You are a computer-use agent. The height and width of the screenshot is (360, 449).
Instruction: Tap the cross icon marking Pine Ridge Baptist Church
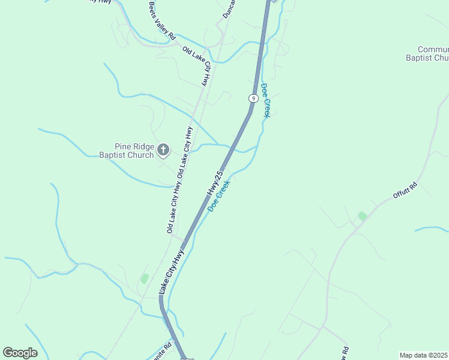click(x=163, y=149)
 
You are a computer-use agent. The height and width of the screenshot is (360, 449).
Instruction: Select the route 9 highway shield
click(x=254, y=98)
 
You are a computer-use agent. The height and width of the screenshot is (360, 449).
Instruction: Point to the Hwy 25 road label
click(x=215, y=182)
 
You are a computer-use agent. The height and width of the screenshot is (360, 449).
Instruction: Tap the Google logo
click(x=20, y=353)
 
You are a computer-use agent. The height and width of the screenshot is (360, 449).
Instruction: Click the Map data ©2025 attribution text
click(x=424, y=355)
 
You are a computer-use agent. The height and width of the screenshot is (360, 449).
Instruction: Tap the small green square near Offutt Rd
click(x=362, y=215)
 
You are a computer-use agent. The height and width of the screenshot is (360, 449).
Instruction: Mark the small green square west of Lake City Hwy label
click(x=144, y=278)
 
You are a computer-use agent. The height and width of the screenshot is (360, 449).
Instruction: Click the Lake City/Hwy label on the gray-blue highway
click(x=171, y=272)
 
